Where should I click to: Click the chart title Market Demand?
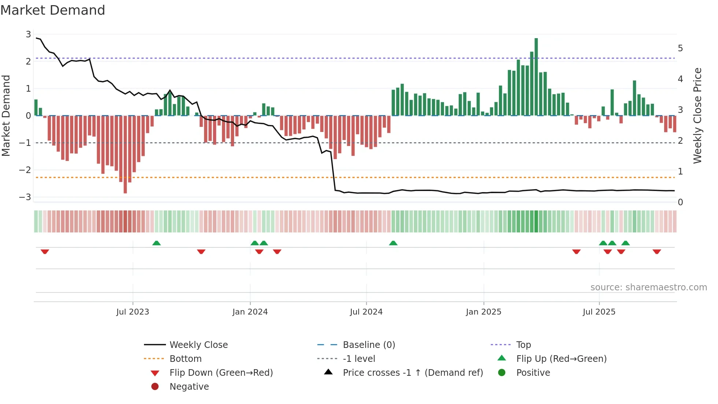coord(53,10)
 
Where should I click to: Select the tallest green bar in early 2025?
coord(536,77)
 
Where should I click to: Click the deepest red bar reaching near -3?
coord(125,154)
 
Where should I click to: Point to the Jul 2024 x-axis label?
coord(366,312)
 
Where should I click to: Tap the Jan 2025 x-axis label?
coord(483,312)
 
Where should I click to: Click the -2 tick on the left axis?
coord(25,170)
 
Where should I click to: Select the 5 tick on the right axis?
coord(680,48)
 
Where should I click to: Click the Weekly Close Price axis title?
coord(697,115)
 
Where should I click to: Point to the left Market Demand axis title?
coord(6,115)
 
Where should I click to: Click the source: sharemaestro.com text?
coord(648,287)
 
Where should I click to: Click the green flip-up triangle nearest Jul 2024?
coord(393,243)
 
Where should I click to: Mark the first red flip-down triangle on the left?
coord(45,251)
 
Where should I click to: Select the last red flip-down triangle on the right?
coord(656,251)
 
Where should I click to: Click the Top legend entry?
coord(523,345)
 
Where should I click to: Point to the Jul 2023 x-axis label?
coord(133,312)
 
